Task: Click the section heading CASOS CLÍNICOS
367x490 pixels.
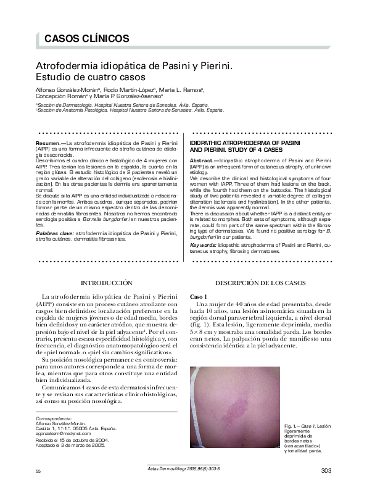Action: click(86, 38)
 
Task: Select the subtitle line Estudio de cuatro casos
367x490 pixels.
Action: click(89, 78)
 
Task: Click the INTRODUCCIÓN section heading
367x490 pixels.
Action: click(107, 283)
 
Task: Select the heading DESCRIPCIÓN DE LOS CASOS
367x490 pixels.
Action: click(262, 283)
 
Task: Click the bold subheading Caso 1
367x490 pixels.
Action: click(199, 297)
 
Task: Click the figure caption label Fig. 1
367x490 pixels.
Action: click(291, 427)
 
